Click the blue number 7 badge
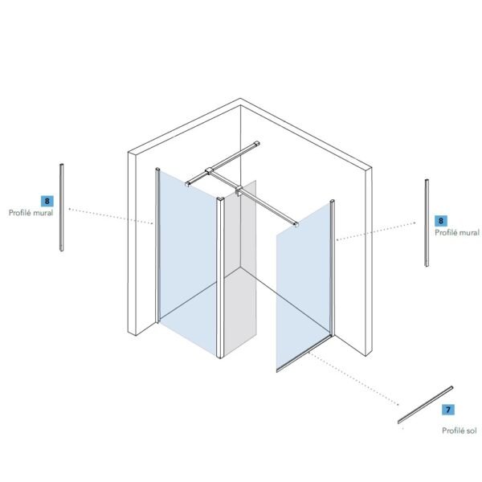tap(448, 410)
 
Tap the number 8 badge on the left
tap(47, 201)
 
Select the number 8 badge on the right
tap(441, 221)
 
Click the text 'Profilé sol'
tap(460, 431)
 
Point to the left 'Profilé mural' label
tap(31, 213)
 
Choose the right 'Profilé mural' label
tap(457, 232)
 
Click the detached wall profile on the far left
tap(62, 207)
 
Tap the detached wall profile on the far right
tap(427, 223)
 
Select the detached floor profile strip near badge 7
tap(425, 405)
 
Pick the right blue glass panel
tap(303, 286)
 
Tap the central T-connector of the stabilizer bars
tap(209, 170)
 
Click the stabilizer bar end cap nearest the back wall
tap(256, 143)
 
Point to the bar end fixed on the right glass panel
tap(296, 224)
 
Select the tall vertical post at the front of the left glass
tap(220, 278)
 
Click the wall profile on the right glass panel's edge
tap(333, 268)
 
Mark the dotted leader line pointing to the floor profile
tap(353, 378)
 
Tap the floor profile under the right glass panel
tap(304, 353)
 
